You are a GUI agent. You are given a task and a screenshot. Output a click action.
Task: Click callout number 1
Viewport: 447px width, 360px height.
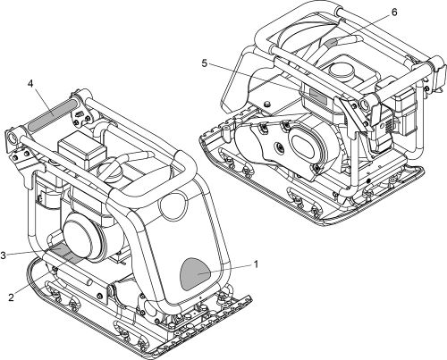coord(257,264)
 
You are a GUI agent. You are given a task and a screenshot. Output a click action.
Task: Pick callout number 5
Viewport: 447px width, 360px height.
coord(206,63)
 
